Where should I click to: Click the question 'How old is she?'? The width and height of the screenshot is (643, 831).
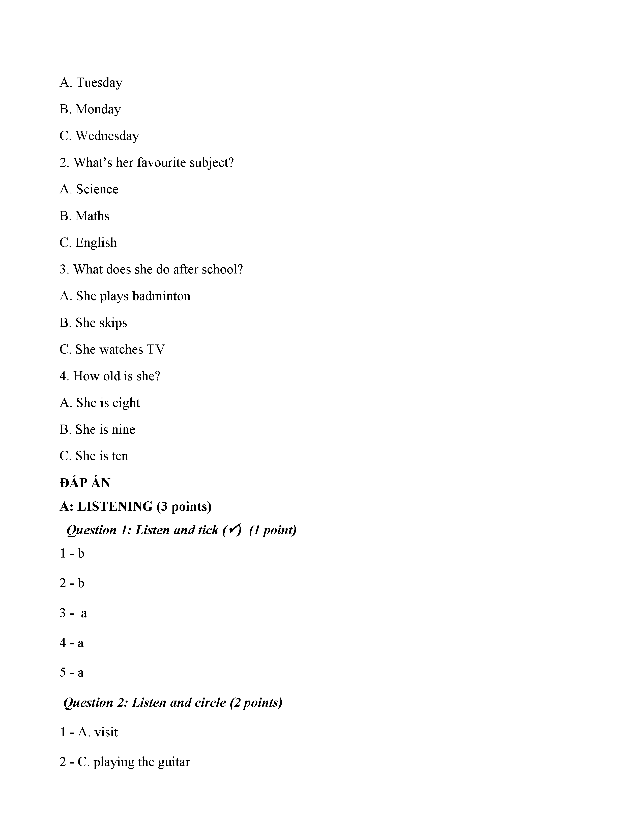tap(110, 376)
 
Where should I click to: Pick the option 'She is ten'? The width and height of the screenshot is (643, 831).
tap(94, 456)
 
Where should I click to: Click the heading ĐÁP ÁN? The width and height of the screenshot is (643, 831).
tap(85, 483)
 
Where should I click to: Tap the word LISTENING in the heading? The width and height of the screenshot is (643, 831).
tap(115, 506)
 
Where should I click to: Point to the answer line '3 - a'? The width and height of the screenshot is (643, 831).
tap(73, 613)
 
